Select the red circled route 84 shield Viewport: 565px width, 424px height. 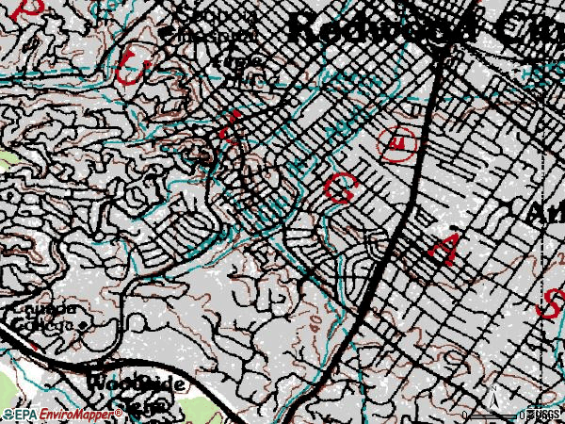coord(399,142)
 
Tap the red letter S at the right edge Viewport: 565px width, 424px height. coord(553,303)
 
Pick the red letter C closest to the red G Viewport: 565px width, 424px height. coord(229,127)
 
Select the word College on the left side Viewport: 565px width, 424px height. coord(43,324)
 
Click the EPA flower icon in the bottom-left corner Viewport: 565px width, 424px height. coord(8,415)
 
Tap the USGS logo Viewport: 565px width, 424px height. coord(545,415)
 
